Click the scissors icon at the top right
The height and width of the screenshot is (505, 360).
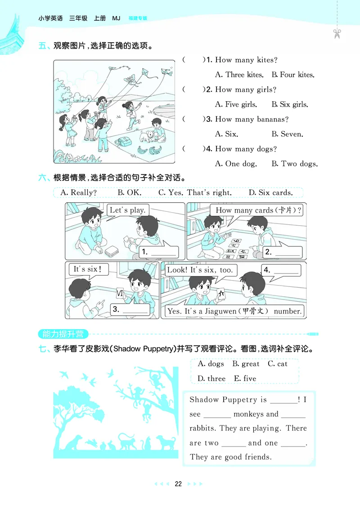[337, 34]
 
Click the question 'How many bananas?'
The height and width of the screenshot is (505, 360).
[252, 119]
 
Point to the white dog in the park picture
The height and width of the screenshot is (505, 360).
[147, 135]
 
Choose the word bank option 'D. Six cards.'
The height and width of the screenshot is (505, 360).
[270, 192]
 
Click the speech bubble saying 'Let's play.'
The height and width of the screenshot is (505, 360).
[128, 210]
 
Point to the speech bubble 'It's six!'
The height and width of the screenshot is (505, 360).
[85, 269]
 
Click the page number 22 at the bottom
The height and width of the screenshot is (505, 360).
[178, 484]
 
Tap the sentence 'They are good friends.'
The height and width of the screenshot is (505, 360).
[230, 457]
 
